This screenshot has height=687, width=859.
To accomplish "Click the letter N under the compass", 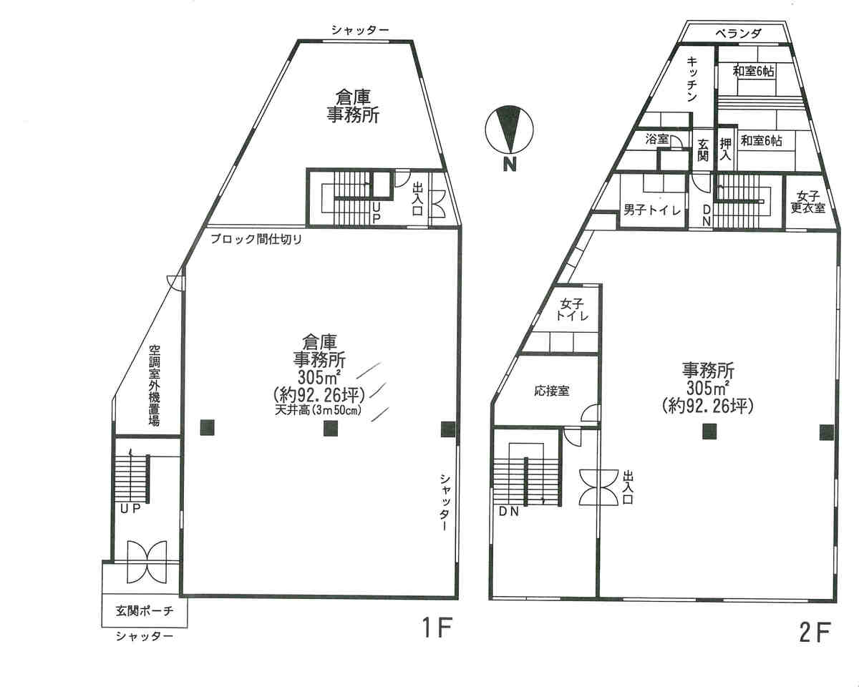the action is pyautogui.click(x=510, y=164).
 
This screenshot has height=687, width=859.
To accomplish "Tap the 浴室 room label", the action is pyautogui.click(x=656, y=140).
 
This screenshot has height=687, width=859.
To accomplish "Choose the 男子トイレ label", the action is pyautogui.click(x=652, y=210).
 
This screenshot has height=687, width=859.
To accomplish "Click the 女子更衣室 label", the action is pyautogui.click(x=808, y=202).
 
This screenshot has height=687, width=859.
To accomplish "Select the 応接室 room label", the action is pyautogui.click(x=552, y=391).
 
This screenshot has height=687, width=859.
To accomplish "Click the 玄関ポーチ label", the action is pyautogui.click(x=145, y=610).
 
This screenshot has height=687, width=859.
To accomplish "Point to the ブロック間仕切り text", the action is pyautogui.click(x=256, y=239).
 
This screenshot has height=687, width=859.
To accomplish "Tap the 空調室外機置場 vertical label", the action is pyautogui.click(x=154, y=385).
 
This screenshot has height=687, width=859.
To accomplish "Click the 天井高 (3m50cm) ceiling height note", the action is pyautogui.click(x=318, y=410).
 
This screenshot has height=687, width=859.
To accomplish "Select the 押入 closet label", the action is pyautogui.click(x=725, y=149).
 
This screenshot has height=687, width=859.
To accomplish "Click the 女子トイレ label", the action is pyautogui.click(x=572, y=310).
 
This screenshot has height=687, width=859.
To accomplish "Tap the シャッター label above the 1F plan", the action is pyautogui.click(x=360, y=30).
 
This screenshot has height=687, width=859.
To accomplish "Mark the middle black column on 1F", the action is pyautogui.click(x=331, y=429).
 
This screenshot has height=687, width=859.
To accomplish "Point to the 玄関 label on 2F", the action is pyautogui.click(x=704, y=150).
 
